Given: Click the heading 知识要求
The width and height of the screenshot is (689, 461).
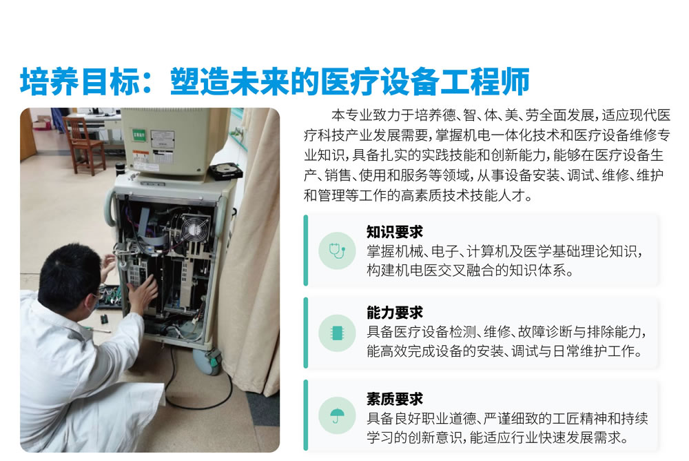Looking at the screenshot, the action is pos(394,232).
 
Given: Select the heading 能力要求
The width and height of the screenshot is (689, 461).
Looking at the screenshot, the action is pos(394,312).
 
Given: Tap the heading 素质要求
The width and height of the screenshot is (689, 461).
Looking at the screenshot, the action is pos(394,398).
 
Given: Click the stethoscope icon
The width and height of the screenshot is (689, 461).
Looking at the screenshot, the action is pos(337,251).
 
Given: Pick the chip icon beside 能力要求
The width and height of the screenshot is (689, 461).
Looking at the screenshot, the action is pos(337,333).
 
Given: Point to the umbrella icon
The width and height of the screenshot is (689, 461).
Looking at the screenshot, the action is pos(337,415).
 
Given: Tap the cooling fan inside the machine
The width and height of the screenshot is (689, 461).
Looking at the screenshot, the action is pos(194,228).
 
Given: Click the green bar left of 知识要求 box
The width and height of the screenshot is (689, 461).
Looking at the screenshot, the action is pos(306,251).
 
